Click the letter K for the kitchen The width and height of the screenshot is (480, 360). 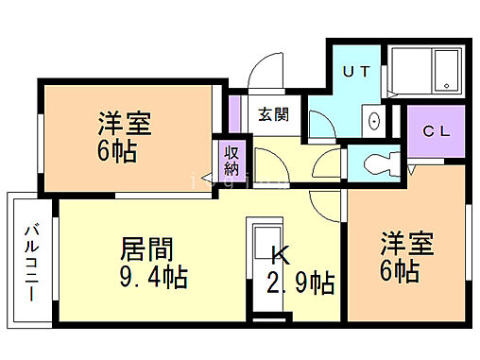280,255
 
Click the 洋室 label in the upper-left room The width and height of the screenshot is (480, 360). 125,124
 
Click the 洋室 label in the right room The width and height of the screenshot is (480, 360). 407,243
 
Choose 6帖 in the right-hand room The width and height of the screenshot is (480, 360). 401,272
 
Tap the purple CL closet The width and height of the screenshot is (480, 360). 437,132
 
